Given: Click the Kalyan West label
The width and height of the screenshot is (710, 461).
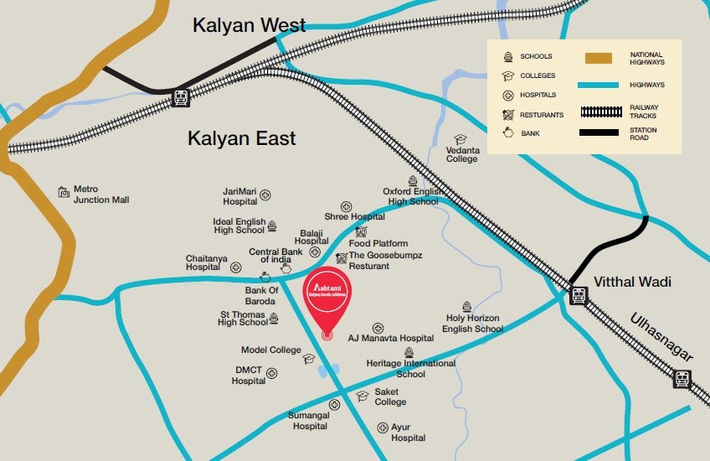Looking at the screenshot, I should click(249, 25).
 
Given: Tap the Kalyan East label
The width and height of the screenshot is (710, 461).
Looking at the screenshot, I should click(241, 138).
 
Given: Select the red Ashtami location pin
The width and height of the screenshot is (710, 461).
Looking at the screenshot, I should click(327, 302).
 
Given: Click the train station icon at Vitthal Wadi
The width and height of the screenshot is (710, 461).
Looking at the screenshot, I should click(579, 295).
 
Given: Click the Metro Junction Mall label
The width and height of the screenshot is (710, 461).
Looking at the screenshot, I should click(100, 194).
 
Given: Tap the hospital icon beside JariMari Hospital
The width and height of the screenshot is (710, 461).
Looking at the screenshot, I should click(265, 195).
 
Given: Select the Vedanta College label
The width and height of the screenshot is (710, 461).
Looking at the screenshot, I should click(462, 154).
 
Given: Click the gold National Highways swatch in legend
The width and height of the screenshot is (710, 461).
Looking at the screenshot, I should click(598, 59).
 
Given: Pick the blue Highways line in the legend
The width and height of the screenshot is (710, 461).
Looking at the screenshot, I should click(598, 85).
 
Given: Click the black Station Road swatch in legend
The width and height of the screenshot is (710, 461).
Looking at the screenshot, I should click(598, 134).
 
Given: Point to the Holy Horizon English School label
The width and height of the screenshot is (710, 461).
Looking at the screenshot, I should click(474, 324).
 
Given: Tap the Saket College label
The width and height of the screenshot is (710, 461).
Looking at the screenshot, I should click(390, 396).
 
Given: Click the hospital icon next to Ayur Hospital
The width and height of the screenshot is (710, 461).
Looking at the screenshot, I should click(383, 427).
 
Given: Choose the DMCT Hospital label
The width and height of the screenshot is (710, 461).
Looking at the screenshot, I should click(249, 375).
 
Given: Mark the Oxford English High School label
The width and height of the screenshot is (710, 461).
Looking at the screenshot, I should click(411, 196).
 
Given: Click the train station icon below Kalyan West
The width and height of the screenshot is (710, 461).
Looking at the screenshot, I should click(180, 97).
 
